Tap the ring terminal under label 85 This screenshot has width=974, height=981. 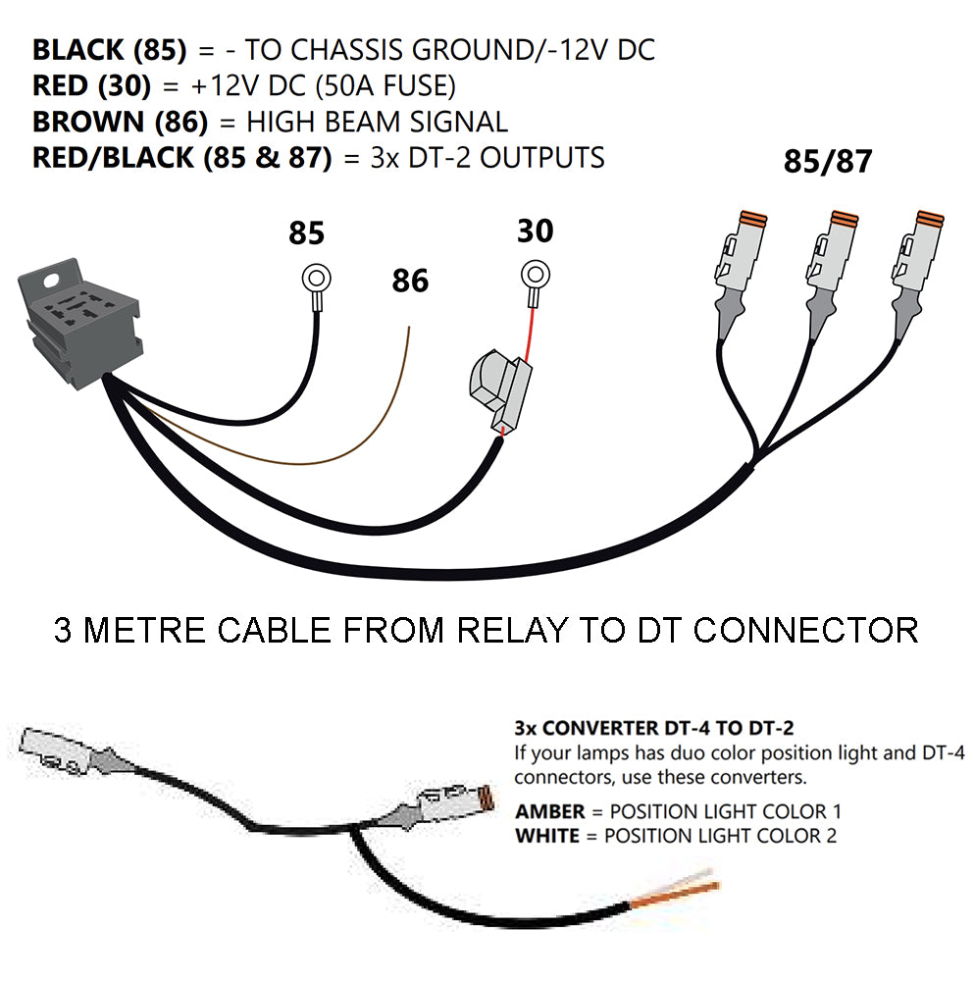pos(315,279)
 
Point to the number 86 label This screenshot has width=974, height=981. pos(410,282)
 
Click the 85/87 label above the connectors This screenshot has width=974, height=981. pos(827,162)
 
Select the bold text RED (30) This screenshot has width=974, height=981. pos(92,86)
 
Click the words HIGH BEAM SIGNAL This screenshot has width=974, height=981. pos(378,123)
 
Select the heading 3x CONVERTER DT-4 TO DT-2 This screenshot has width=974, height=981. pos(653,728)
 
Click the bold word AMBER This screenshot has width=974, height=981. pos(555,812)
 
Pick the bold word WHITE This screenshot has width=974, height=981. pos(552,836)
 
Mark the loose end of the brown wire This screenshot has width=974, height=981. pos(406,332)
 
